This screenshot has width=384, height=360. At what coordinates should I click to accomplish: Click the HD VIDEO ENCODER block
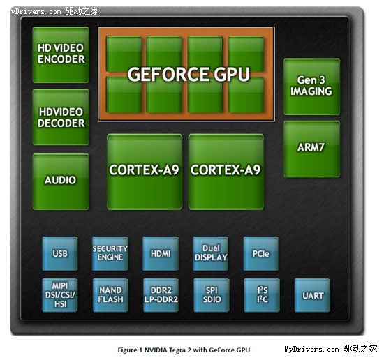[61, 54]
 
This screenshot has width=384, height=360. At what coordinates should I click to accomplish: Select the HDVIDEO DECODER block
[61, 117]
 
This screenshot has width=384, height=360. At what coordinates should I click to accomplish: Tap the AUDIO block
[61, 181]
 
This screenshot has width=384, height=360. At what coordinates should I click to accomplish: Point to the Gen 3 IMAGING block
[311, 87]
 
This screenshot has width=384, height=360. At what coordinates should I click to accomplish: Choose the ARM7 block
[311, 149]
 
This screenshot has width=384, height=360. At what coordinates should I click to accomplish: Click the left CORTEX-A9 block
[145, 172]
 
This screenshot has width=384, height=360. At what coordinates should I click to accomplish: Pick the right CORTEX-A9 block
[226, 172]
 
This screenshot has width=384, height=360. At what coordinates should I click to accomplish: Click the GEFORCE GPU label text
[189, 74]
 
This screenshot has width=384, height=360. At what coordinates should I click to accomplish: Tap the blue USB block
[60, 253]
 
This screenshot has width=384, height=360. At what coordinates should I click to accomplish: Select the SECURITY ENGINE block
[110, 253]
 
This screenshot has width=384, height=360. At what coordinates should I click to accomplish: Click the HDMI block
[161, 253]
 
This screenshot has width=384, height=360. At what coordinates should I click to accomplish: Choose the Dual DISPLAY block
[211, 253]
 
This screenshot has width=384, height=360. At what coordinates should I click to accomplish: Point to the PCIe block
[261, 253]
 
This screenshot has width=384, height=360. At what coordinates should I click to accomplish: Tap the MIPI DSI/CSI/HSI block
[60, 295]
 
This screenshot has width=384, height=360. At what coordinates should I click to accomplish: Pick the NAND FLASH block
[110, 295]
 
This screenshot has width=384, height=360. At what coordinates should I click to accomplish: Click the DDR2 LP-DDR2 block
[161, 295]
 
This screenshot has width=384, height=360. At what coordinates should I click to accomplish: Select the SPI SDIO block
[212, 295]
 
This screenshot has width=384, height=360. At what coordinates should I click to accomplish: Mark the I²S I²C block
[262, 295]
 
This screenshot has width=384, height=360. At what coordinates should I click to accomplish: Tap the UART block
[312, 295]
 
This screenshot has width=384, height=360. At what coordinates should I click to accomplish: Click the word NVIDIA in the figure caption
[154, 350]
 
